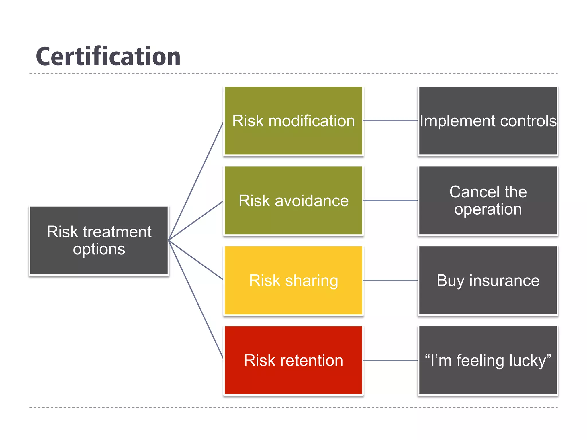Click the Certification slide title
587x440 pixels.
pyautogui.click(x=108, y=57)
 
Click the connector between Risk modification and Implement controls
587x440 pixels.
pyautogui.click(x=390, y=121)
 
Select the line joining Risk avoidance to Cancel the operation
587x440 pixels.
pyautogui.click(x=390, y=201)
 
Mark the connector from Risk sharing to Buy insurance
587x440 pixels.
pyautogui.click(x=390, y=280)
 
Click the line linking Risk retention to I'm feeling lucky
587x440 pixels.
pyautogui.click(x=390, y=360)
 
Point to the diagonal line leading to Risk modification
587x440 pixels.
pyautogui.click(x=196, y=180)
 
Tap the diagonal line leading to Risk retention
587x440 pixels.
pyautogui.click(x=196, y=300)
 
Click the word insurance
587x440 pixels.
pyautogui.click(x=504, y=280)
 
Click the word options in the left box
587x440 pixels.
pyautogui.click(x=99, y=249)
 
